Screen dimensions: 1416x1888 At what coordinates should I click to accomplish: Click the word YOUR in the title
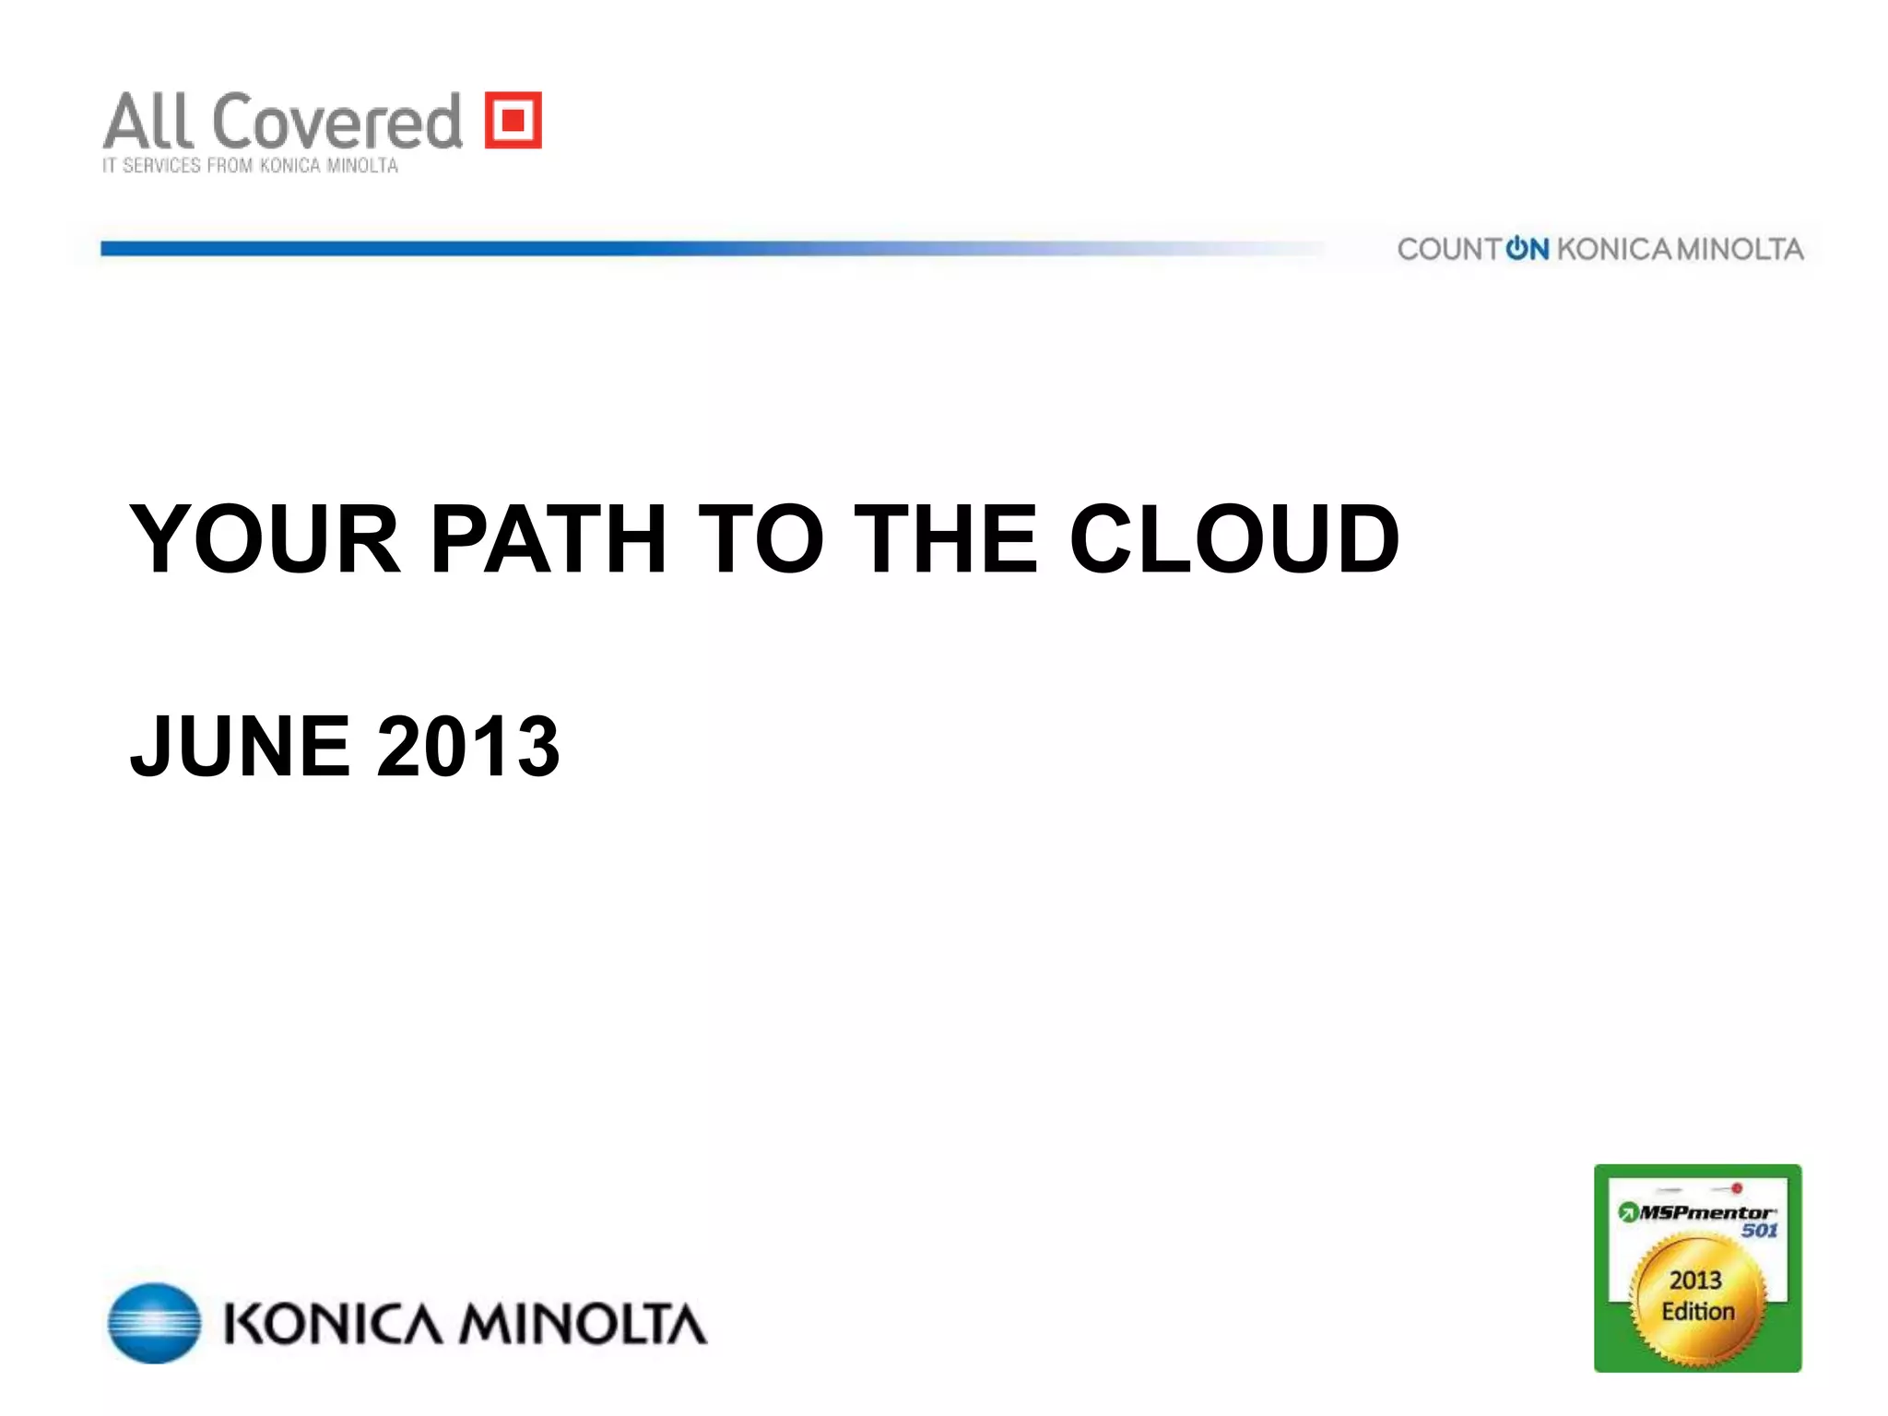(265, 539)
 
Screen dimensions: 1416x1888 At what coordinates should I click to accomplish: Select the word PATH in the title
(549, 539)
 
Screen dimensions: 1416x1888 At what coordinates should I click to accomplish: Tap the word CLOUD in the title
(1234, 539)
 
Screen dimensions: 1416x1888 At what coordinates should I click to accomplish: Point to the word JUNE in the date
(241, 746)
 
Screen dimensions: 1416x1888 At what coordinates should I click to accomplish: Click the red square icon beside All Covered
(513, 120)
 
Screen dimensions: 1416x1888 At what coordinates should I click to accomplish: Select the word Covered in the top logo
(337, 122)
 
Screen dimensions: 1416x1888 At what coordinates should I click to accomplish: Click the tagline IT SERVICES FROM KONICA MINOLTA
(250, 166)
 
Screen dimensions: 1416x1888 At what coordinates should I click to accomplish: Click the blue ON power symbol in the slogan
(1527, 249)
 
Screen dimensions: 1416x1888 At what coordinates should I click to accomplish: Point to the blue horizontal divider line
(645, 248)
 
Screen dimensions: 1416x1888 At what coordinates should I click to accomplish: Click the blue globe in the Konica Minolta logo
(154, 1323)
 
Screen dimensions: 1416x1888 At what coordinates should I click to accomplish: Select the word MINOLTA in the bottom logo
(583, 1325)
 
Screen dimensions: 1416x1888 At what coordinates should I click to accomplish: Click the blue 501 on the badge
(1759, 1231)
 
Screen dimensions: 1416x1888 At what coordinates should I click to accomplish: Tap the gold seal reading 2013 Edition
(1697, 1300)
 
